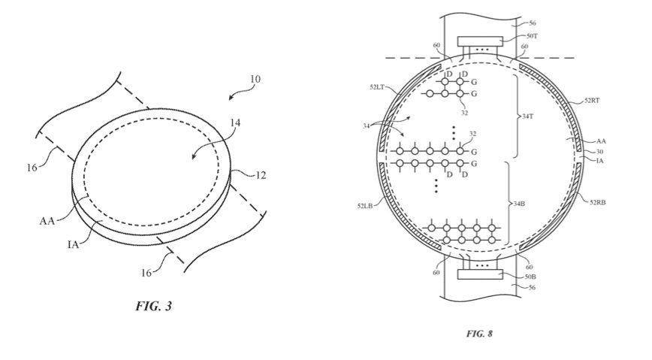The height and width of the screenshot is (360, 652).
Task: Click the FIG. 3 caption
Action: click(153, 307)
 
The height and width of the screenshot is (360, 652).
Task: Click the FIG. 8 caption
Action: click(479, 334)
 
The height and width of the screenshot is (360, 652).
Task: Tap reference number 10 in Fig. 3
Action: click(255, 79)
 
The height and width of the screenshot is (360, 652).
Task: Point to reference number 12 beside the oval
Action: click(261, 175)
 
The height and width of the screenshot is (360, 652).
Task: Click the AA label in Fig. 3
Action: click(47, 220)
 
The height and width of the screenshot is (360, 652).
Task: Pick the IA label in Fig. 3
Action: click(73, 244)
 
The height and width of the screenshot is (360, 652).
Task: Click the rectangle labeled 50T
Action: click(480, 41)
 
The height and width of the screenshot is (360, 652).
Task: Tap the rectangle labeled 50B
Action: click(480, 274)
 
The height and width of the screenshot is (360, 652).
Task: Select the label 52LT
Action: click(377, 87)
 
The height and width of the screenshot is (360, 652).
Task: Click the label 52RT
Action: click(592, 100)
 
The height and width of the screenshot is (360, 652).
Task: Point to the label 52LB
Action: click(365, 205)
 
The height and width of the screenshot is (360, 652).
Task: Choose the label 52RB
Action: click(597, 202)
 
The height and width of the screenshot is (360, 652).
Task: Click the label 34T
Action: click(527, 116)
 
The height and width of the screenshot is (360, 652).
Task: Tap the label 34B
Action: click(519, 204)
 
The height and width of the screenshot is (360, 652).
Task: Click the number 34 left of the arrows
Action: click(366, 126)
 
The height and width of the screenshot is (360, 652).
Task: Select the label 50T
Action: click(532, 36)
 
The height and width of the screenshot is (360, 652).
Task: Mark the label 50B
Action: click(530, 277)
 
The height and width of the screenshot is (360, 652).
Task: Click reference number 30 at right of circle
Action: click(599, 152)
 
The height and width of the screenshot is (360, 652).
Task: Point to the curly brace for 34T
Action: click(518, 116)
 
